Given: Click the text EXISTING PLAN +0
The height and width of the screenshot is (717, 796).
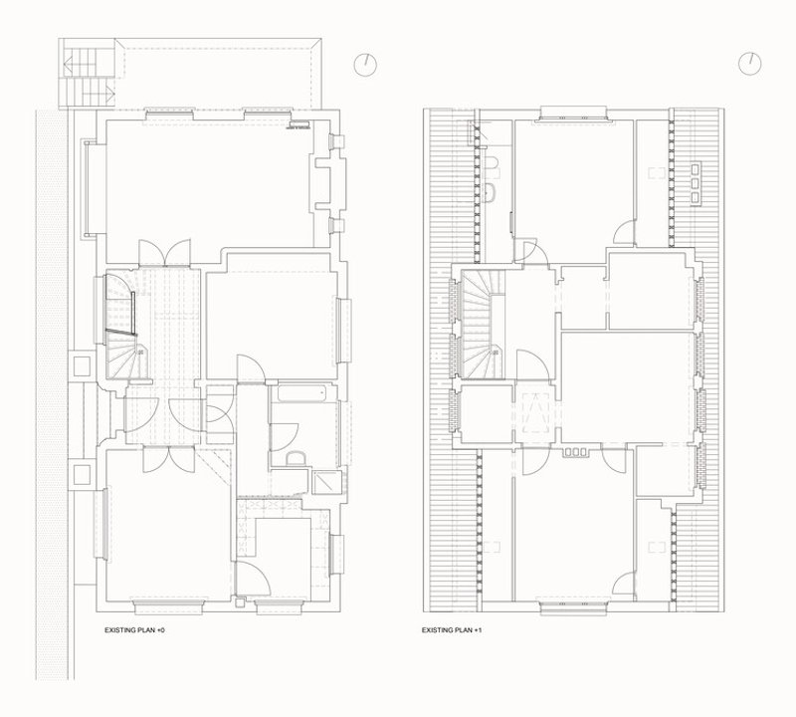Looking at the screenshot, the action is [134, 630].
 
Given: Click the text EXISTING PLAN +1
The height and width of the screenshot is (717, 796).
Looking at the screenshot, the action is [452, 630].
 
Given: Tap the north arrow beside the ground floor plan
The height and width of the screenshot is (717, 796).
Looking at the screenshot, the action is [365, 65].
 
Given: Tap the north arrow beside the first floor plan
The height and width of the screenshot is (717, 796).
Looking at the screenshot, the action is [750, 64].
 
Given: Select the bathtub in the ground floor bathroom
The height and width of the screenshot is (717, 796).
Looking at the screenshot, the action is [301, 393].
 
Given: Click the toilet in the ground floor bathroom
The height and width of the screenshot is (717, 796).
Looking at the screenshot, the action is [296, 458].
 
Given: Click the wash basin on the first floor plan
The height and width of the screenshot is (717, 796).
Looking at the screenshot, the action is [491, 192].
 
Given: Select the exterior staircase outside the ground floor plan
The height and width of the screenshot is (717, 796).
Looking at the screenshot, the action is [88, 73].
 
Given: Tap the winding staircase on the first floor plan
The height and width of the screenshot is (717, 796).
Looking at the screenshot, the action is [483, 324].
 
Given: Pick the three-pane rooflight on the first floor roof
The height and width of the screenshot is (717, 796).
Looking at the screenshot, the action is [695, 182].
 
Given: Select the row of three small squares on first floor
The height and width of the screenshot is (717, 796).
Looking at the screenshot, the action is [575, 451].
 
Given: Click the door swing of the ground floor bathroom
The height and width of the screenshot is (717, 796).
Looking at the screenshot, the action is [286, 436].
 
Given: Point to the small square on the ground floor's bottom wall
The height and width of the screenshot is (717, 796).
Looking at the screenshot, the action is [240, 603].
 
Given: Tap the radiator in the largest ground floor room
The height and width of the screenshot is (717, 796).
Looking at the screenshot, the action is [299, 124].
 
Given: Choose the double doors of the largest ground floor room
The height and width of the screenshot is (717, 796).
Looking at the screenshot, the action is [164, 252].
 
